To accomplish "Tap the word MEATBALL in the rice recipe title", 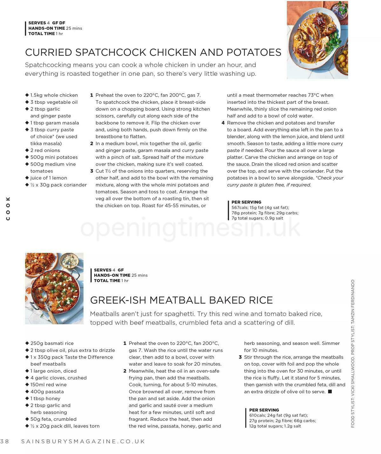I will (x=177, y=300).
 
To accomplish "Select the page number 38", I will (x=5, y=441).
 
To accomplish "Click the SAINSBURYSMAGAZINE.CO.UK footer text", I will (x=83, y=441).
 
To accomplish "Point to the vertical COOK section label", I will (x=8, y=208).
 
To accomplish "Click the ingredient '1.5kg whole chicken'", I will (x=54, y=95).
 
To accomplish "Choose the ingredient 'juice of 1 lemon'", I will (x=49, y=178).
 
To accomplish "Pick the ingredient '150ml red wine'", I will (x=48, y=385).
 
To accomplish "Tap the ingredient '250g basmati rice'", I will (x=52, y=343).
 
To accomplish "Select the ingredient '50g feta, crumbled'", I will (x=53, y=419).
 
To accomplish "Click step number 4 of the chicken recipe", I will (x=223, y=123).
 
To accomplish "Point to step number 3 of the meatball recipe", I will (x=240, y=357).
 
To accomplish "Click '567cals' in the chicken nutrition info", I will (x=240, y=208).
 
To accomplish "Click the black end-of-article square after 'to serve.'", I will (x=330, y=392).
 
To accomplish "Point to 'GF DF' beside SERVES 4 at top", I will (x=59, y=23).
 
